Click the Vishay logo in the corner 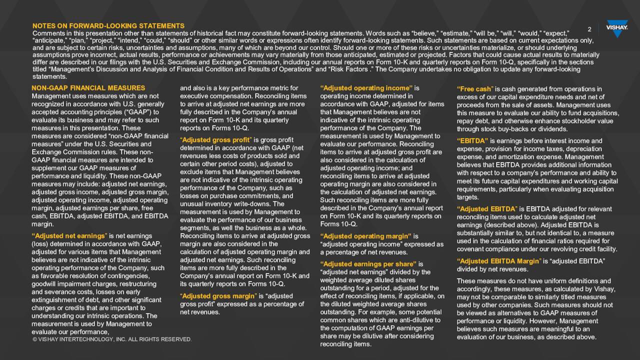coord(616,28)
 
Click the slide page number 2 coord(589,29)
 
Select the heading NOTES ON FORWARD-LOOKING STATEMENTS coord(108,26)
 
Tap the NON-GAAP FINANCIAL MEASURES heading coord(88,88)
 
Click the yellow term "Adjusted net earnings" coord(69,236)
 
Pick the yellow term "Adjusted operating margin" coord(365,236)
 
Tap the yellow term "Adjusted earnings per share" coord(368,264)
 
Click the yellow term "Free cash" coord(475,89)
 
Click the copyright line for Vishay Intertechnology coord(112,339)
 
